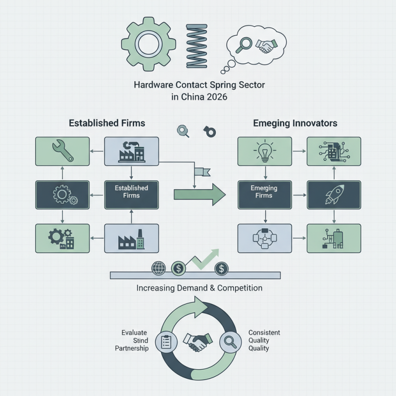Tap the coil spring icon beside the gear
[x=197, y=46]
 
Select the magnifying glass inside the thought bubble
[x=244, y=45]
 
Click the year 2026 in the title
[x=217, y=97]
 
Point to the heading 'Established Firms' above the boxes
[x=107, y=123]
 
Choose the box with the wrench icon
[x=62, y=151]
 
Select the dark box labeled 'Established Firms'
[x=132, y=195]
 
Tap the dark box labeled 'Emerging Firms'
[x=265, y=195]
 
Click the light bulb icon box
[x=265, y=151]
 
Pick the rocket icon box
[x=334, y=195]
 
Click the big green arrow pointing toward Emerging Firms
[x=199, y=195]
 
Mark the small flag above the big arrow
[x=202, y=172]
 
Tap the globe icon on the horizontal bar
[x=158, y=268]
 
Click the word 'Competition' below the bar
[x=240, y=288]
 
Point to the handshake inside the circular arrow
[x=198, y=342]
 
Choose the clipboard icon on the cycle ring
[x=166, y=342]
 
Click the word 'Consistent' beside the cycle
[x=264, y=332]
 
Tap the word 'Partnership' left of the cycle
[x=132, y=348]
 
